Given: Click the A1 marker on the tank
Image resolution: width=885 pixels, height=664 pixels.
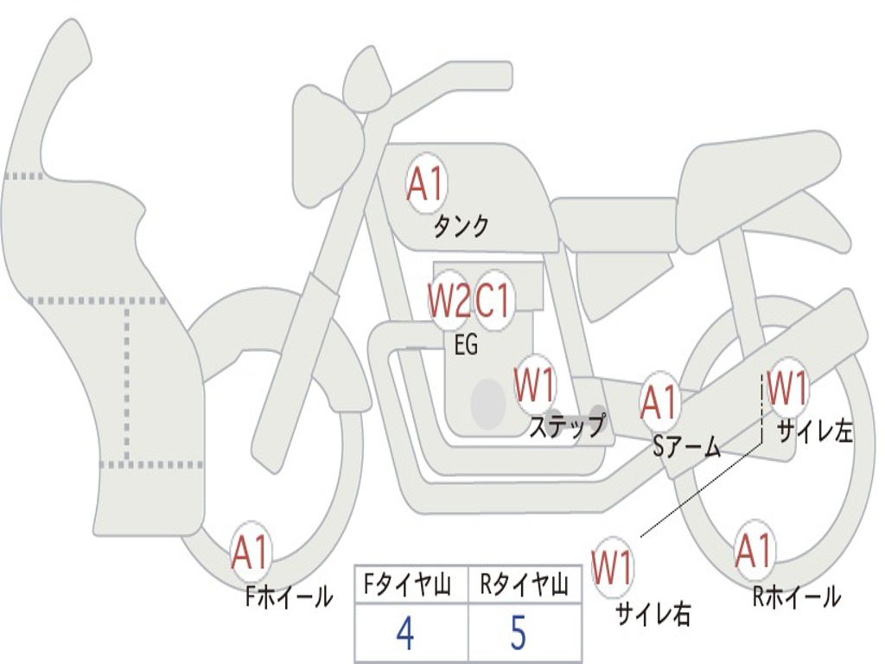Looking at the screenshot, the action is click(x=426, y=183).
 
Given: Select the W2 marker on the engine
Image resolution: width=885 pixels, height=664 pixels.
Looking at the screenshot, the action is click(x=449, y=300).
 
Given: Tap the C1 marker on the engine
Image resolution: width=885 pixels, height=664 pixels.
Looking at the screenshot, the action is click(x=493, y=300).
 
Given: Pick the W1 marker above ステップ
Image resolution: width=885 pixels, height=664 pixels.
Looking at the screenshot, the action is click(x=534, y=386).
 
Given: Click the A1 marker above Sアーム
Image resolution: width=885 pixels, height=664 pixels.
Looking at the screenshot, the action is click(x=659, y=403).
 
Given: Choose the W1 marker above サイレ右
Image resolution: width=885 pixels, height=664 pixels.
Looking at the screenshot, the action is click(x=612, y=567).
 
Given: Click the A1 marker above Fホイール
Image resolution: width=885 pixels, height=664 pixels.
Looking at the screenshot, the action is click(x=250, y=552).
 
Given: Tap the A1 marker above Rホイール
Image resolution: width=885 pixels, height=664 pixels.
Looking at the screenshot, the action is click(x=754, y=550).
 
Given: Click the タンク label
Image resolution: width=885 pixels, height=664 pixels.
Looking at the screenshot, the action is click(x=461, y=227).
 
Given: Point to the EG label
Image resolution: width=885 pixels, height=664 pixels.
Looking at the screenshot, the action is click(x=466, y=343).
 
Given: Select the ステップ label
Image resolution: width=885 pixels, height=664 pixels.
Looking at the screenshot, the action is click(x=567, y=425).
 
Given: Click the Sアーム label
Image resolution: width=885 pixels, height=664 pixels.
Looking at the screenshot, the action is click(x=687, y=447).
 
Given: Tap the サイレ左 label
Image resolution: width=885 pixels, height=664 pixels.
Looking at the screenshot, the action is click(x=814, y=432).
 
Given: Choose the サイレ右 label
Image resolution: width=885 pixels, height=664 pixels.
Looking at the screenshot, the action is click(x=653, y=614).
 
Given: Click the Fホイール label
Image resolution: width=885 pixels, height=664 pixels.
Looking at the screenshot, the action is click(x=289, y=597).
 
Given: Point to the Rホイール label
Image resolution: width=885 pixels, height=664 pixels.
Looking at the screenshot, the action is click(x=796, y=597).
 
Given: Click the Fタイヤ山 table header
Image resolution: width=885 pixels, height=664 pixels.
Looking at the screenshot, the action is click(x=407, y=584).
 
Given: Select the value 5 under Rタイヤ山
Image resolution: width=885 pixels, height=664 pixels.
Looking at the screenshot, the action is click(x=519, y=632).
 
